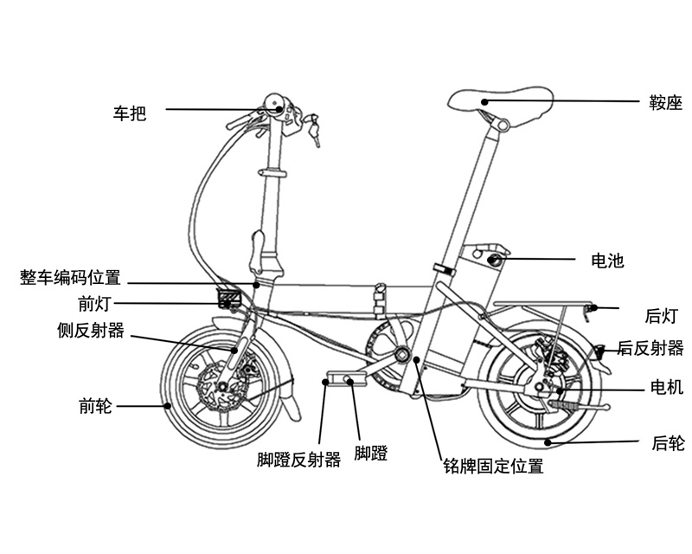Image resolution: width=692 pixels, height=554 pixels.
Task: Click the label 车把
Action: [x=130, y=113]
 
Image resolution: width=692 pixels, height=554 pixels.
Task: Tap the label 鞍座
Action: [x=665, y=105]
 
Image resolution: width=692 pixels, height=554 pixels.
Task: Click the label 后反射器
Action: [x=650, y=348]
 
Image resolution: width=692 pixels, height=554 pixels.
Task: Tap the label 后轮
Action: [x=667, y=444]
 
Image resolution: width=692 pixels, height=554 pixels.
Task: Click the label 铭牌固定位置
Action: [x=491, y=467]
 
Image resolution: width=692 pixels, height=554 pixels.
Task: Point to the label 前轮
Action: [x=95, y=405]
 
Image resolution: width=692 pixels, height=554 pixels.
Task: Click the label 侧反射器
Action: [x=90, y=331]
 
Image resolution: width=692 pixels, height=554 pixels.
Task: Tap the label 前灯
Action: [x=94, y=304]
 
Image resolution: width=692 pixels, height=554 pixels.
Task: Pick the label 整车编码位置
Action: [x=70, y=278]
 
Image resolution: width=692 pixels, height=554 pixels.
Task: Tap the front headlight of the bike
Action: [x=229, y=300]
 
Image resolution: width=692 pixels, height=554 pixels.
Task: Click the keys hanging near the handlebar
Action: [x=314, y=130]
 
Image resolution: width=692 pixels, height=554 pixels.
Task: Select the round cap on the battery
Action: [x=495, y=259]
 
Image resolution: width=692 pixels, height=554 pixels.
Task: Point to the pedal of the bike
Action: [x=340, y=380]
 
